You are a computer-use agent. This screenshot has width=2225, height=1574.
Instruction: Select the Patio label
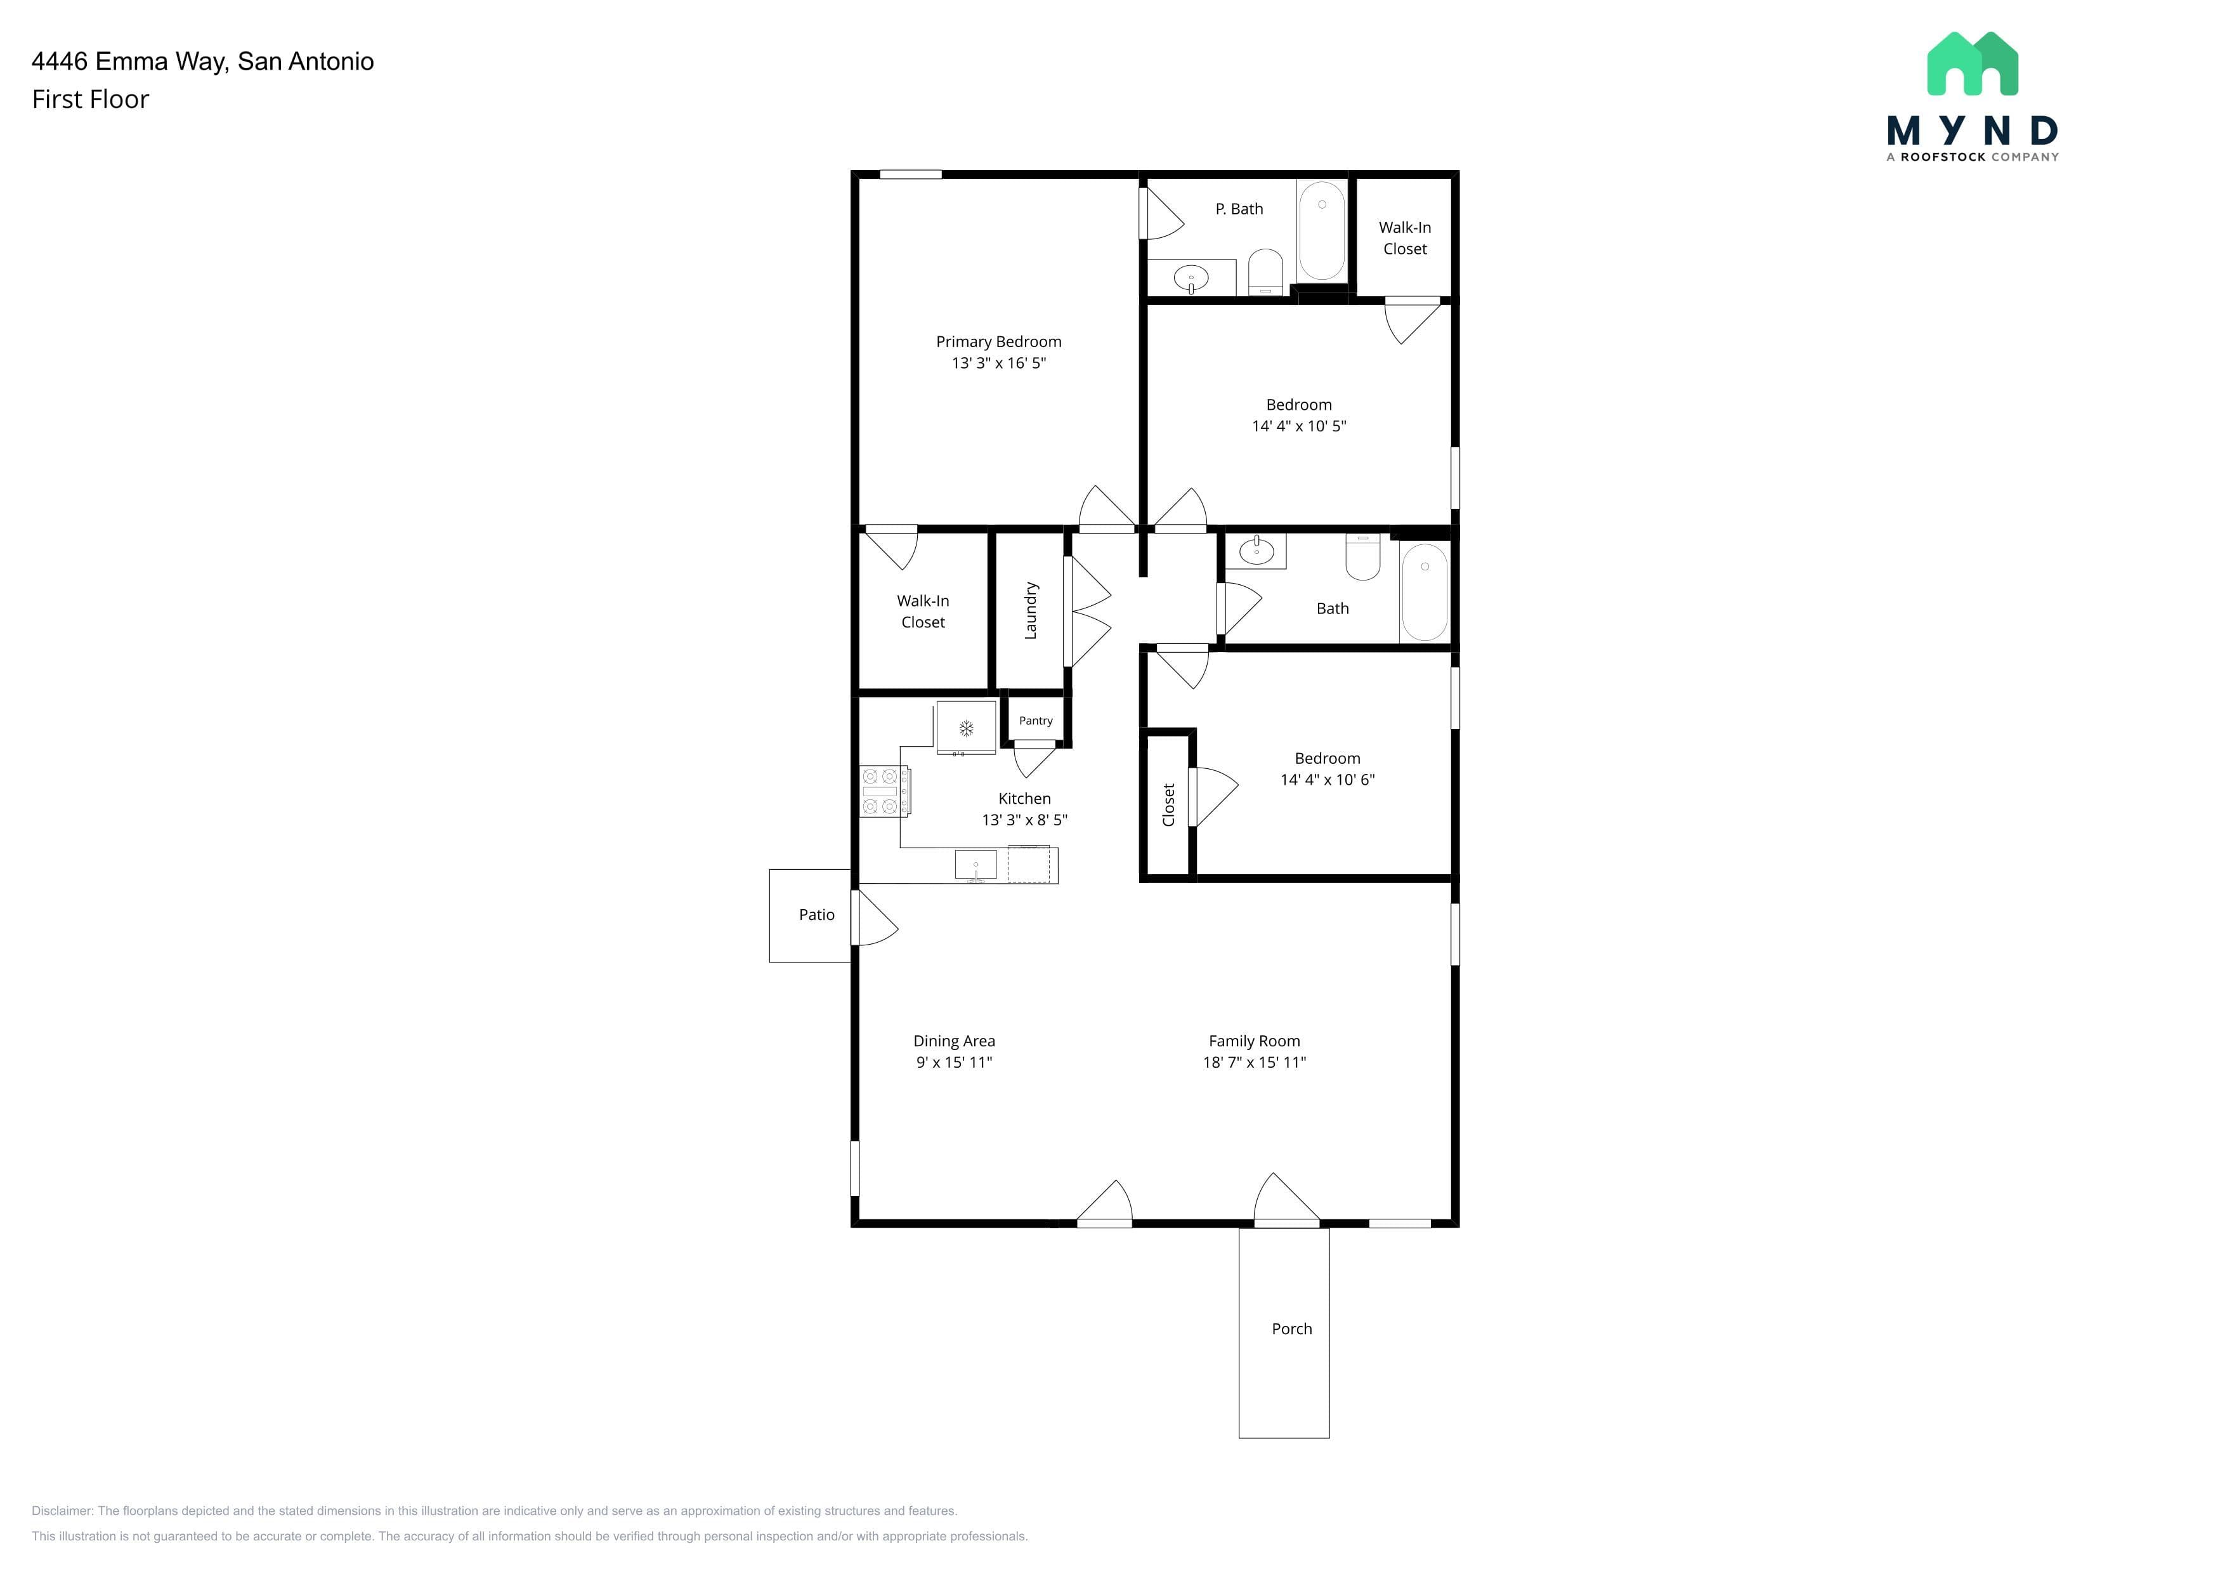point(817,914)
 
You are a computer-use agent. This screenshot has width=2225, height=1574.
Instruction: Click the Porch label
point(1292,1328)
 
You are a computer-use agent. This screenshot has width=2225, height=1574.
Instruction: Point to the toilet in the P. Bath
point(1265,272)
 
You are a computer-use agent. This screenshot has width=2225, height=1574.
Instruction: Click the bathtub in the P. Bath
point(1322,231)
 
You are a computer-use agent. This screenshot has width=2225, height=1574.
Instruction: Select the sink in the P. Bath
point(1191,279)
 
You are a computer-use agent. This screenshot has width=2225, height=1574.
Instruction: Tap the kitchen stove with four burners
point(885,791)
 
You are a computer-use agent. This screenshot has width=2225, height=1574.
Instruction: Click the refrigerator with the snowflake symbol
point(966,728)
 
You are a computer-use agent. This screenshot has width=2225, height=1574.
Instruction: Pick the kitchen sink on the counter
point(976,865)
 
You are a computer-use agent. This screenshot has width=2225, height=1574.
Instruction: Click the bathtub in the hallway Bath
point(1425,591)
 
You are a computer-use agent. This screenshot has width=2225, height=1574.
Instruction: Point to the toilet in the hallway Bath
point(1362,557)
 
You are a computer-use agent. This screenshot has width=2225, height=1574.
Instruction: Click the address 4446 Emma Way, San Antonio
point(202,61)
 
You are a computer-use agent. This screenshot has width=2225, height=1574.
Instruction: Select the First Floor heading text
point(90,99)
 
